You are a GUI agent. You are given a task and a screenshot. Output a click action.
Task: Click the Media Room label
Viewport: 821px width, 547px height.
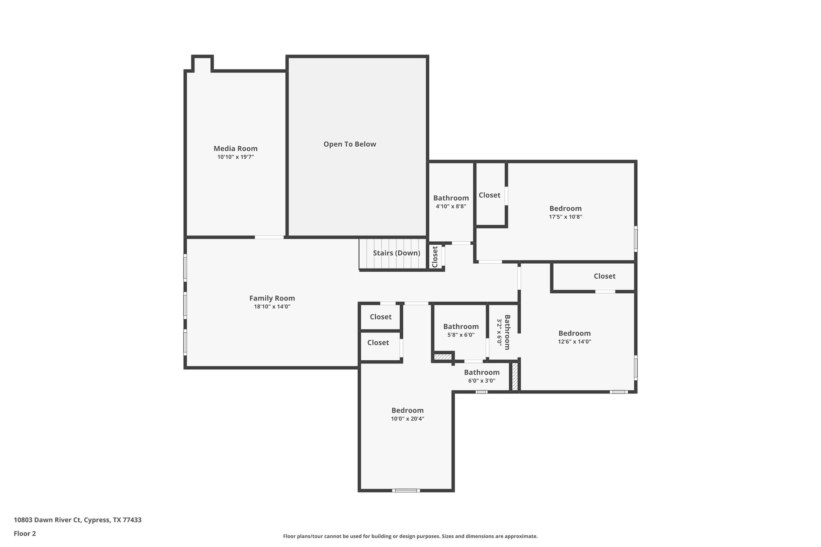pyautogui.click(x=235, y=149)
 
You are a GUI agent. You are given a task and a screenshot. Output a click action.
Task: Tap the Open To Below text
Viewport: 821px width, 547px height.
pyautogui.click(x=350, y=144)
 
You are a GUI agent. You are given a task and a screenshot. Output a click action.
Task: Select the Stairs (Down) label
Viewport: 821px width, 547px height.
pyautogui.click(x=396, y=253)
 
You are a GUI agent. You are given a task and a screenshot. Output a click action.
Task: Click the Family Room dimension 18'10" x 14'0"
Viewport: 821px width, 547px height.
pyautogui.click(x=272, y=307)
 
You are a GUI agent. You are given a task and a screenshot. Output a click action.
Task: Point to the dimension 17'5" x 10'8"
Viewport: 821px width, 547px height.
pyautogui.click(x=565, y=217)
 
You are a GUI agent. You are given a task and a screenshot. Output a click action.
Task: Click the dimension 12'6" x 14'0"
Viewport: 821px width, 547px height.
pyautogui.click(x=574, y=342)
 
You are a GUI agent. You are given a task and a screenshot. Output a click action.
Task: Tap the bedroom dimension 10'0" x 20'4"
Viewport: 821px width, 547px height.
pyautogui.click(x=407, y=419)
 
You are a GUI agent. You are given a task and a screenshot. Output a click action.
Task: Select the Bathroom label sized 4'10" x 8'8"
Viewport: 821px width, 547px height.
pyautogui.click(x=451, y=198)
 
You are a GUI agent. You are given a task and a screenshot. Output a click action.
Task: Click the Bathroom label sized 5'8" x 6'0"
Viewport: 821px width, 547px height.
pyautogui.click(x=461, y=327)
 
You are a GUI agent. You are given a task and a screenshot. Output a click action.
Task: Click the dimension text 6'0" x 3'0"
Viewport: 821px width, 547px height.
pyautogui.click(x=481, y=381)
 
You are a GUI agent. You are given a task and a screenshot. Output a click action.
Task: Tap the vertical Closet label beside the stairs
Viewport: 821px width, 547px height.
pyautogui.click(x=435, y=256)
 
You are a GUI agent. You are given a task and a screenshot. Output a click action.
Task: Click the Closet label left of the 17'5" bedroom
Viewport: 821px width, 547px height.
pyautogui.click(x=489, y=195)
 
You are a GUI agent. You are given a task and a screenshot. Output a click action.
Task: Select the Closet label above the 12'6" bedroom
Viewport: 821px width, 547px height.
pyautogui.click(x=604, y=276)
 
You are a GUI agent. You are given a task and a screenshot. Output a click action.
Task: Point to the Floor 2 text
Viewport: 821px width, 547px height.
pyautogui.click(x=25, y=534)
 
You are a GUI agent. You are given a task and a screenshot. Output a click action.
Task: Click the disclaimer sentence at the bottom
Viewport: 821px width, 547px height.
pyautogui.click(x=410, y=536)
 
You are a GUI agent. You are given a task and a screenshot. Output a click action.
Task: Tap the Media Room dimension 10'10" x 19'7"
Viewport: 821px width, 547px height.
pyautogui.click(x=235, y=157)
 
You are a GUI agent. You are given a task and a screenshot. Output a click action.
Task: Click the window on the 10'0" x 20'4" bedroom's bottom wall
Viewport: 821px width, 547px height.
pyautogui.click(x=406, y=490)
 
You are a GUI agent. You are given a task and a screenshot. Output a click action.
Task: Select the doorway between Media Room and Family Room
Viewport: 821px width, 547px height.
pyautogui.click(x=269, y=237)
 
